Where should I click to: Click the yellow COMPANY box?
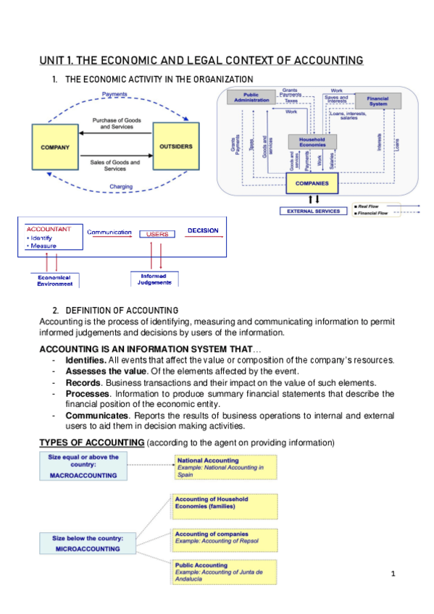55,147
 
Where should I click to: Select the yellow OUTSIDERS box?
175,147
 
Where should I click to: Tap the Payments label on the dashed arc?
114,94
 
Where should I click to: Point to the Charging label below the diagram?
120,186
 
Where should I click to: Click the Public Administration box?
251,97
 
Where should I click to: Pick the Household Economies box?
312,141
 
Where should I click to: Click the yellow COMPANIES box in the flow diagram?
312,183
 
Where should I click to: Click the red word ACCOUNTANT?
49,229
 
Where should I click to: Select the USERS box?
157,234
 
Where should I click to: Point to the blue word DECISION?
203,231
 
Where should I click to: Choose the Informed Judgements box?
154,279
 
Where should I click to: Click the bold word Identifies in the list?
85,360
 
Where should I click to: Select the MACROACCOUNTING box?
83,467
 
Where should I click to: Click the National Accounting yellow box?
225,467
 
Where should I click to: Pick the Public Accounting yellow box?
225,571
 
